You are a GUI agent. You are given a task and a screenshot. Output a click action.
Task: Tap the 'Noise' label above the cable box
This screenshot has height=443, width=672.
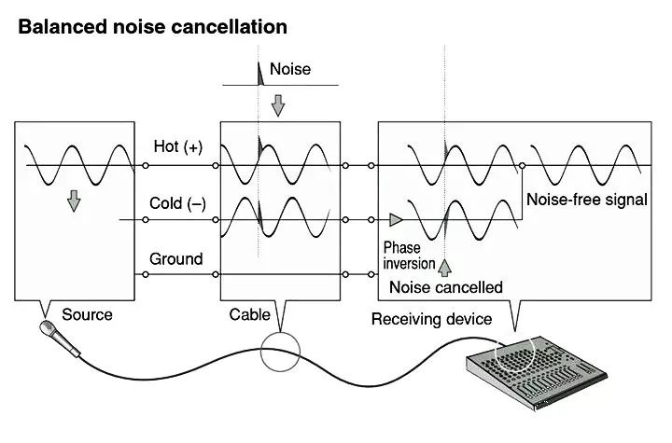[x=289, y=69]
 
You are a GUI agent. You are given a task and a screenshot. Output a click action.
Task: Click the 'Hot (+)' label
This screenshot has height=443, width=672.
[x=177, y=146]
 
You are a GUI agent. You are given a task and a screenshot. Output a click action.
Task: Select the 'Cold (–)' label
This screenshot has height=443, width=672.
[x=177, y=203]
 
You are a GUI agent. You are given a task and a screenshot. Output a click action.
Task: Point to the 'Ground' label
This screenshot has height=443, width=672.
[x=175, y=258]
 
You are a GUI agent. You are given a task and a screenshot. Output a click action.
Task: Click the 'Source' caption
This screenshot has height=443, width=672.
[x=86, y=314]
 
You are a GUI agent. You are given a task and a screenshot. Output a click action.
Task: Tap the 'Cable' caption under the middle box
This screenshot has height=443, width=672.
[x=249, y=314]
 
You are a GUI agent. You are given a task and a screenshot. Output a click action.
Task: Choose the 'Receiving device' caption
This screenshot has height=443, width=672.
[x=431, y=319]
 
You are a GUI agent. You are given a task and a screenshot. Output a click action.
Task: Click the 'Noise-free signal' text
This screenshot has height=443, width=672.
[x=587, y=200]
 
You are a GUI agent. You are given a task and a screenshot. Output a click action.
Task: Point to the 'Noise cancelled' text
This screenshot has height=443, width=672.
[x=446, y=287]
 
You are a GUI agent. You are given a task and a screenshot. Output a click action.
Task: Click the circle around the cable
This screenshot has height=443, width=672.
[x=282, y=355]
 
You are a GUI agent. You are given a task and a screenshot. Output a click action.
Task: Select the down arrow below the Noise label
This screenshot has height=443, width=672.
[x=277, y=105]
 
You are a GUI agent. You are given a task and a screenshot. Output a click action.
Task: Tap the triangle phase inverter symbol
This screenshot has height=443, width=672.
[x=397, y=220]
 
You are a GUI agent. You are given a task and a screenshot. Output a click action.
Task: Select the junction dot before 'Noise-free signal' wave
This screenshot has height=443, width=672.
[x=522, y=166]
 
